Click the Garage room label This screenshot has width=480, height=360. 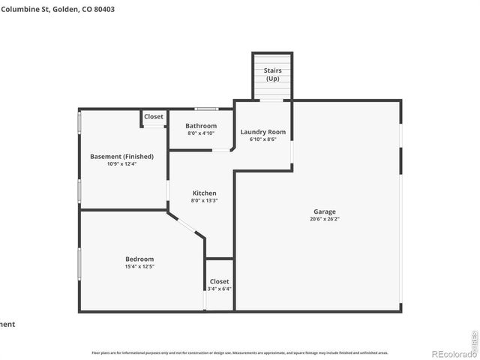(x=324, y=211)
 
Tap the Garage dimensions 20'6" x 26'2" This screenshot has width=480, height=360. (x=324, y=220)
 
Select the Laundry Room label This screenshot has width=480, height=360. (x=263, y=132)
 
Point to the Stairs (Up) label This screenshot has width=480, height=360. (x=272, y=74)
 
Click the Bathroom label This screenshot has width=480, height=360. (x=201, y=126)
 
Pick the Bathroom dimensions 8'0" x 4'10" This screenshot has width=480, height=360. (x=201, y=133)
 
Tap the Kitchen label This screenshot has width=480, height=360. (x=204, y=193)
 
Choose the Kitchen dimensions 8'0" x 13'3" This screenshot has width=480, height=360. (x=204, y=200)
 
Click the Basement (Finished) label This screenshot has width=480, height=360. (x=121, y=156)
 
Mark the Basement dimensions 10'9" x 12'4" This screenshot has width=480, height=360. (x=121, y=163)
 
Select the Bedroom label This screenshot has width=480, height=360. (x=139, y=259)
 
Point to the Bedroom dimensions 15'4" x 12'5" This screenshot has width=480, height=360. (x=139, y=266)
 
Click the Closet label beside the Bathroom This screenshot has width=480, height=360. (x=154, y=116)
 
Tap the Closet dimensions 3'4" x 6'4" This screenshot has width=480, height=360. (x=220, y=289)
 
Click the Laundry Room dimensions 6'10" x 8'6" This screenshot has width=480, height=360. (x=263, y=139)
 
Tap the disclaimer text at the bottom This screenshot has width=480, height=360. (x=240, y=352)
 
